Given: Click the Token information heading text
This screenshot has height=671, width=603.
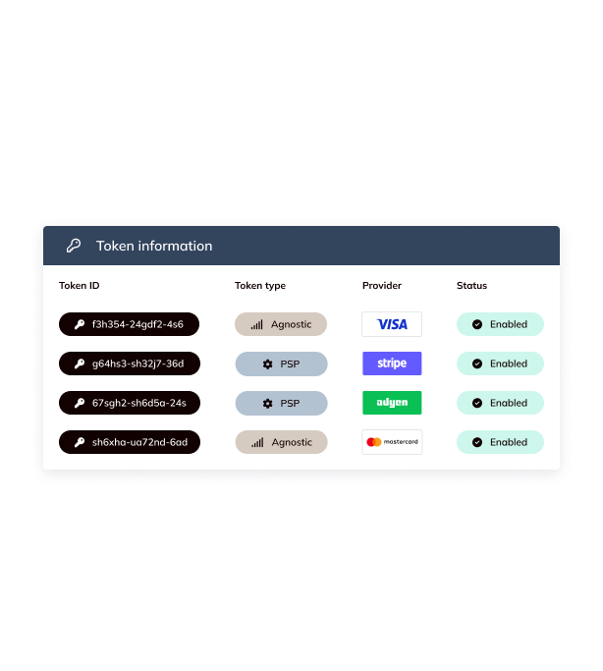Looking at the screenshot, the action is (154, 246).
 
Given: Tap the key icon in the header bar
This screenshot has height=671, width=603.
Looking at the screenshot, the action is (74, 246).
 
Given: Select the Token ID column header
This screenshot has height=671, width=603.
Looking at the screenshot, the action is (80, 286).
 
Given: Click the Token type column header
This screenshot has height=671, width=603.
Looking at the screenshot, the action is (260, 286).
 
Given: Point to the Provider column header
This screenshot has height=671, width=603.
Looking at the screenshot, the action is (382, 286).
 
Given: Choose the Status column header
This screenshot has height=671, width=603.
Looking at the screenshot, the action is (471, 286).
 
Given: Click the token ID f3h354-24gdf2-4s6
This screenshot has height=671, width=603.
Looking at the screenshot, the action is (129, 324).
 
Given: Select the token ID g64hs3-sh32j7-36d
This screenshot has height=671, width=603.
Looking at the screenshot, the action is (129, 363).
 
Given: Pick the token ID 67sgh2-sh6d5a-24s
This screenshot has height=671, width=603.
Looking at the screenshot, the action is (129, 403).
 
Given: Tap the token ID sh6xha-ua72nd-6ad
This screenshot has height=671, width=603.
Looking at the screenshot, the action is (129, 442).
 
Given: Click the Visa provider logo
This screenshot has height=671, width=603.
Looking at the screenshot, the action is (392, 324).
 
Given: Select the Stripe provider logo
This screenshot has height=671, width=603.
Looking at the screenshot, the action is (392, 363).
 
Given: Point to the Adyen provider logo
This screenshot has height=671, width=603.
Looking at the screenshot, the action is (392, 403).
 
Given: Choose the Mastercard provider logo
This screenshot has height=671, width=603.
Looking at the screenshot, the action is (392, 442).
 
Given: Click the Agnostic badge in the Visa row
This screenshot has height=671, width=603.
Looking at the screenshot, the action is (281, 324).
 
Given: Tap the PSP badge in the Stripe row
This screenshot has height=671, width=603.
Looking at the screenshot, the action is (281, 363).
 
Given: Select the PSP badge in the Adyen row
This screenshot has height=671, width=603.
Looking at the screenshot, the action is (281, 403).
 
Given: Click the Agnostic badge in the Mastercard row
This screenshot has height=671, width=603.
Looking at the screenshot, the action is (281, 442).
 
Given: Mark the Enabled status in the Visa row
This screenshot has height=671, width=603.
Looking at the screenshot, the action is (500, 324).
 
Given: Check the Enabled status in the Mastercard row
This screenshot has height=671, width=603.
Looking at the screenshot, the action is (500, 442).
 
